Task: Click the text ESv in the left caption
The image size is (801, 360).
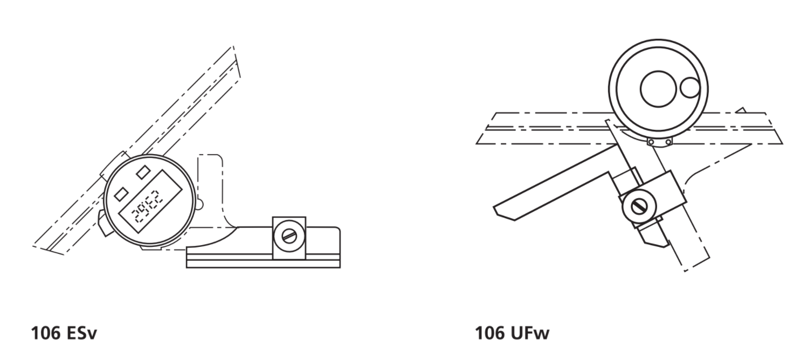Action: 82,333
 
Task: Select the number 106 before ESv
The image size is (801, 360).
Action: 46,333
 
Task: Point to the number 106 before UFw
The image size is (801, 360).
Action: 489,333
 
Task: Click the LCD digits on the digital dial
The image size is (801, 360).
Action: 147,210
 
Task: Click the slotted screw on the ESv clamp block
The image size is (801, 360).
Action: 289,236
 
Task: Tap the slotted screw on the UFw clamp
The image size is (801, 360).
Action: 639,207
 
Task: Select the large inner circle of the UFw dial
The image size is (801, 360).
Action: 658,89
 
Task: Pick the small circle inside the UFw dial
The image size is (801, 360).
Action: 690,88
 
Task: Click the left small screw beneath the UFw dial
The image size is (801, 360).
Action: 651,142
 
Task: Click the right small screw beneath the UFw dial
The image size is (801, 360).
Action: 668,142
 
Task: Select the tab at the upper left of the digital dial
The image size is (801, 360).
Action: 113,164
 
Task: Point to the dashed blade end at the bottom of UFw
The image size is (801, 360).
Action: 696,264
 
